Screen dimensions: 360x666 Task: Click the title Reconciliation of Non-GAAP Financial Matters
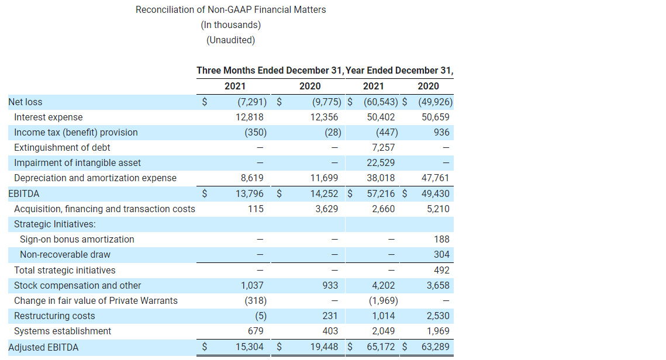pos(230,9)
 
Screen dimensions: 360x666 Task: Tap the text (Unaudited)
pos(230,40)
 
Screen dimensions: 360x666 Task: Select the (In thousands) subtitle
pos(230,25)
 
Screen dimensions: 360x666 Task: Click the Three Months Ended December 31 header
pos(270,70)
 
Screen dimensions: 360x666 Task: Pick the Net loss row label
pos(25,102)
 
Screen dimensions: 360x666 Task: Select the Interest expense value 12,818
pos(252,117)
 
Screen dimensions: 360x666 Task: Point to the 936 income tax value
pos(441,132)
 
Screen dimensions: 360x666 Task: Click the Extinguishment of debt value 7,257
pos(383,147)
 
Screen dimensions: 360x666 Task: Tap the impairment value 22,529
pos(381,162)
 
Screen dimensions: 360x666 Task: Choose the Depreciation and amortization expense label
pos(95,178)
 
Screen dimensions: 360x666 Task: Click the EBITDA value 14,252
pos(324,193)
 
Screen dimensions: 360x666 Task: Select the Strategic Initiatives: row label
pos(55,224)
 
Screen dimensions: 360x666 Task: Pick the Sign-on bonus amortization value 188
pos(441,239)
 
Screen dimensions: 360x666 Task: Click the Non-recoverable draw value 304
pos(441,254)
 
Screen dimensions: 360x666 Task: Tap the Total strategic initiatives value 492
pos(441,270)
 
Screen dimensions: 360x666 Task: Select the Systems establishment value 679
pos(255,331)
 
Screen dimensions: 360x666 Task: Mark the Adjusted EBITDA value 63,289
pos(435,347)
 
